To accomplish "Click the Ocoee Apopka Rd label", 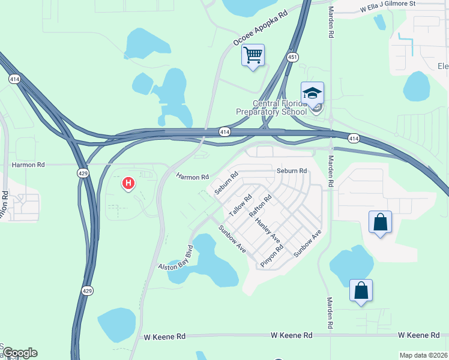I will pyautogui.click(x=261, y=35).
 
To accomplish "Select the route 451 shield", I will pyautogui.click(x=292, y=57).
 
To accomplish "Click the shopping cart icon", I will pyautogui.click(x=253, y=56).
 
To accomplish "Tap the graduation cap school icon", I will pyautogui.click(x=312, y=93).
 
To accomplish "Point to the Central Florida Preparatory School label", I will pyautogui.click(x=280, y=107).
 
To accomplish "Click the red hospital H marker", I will pyautogui.click(x=127, y=182).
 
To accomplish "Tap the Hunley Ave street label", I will pyautogui.click(x=268, y=229).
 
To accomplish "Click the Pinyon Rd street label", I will pyautogui.click(x=271, y=256).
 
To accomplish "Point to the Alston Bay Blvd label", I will pyautogui.click(x=175, y=259).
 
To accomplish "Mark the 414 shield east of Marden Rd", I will pyautogui.click(x=354, y=139).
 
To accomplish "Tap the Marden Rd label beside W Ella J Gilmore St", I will pyautogui.click(x=330, y=23).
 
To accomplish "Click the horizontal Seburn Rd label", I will pyautogui.click(x=292, y=171).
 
